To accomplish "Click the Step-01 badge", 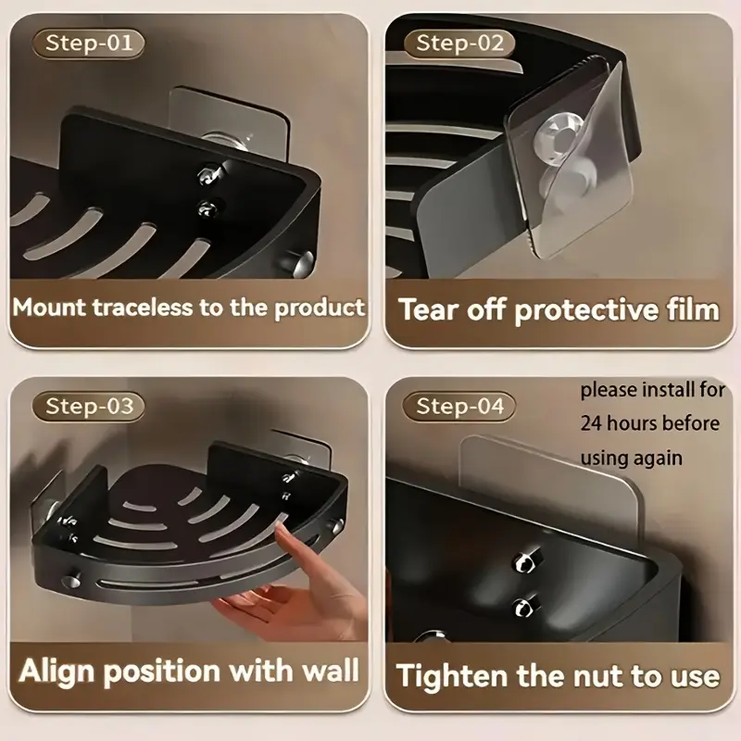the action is tap(88, 44).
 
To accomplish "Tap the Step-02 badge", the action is tap(459, 44).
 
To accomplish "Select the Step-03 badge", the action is tap(88, 407).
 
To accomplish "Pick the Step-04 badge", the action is tap(459, 407).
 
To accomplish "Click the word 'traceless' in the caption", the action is tap(144, 308).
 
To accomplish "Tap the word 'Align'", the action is tap(57, 671).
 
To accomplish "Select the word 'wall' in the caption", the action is tap(331, 670).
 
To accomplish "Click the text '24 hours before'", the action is tap(650, 423).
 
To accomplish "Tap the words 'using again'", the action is tap(632, 458).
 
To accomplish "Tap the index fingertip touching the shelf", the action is tap(283, 534).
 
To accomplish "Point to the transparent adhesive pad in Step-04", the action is tap(550, 482).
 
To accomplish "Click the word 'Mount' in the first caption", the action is tap(50, 308).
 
